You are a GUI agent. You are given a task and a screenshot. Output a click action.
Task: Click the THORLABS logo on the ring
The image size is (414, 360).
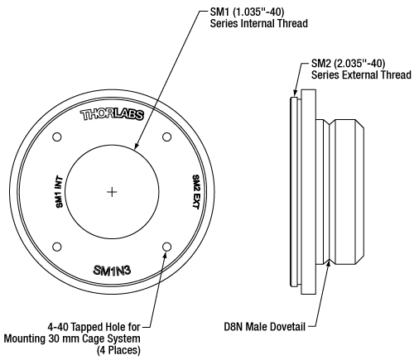click(113, 115)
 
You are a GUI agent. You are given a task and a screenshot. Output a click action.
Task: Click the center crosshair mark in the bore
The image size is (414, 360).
click(113, 192)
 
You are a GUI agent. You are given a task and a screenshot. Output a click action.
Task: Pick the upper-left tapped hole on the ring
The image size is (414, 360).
click(57, 137)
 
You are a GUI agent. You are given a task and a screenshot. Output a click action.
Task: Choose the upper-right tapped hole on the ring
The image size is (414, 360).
click(167, 137)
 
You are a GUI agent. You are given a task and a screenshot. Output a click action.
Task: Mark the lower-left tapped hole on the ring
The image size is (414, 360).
click(57, 247)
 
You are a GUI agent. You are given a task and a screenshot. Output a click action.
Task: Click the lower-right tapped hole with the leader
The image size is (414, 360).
click(167, 247)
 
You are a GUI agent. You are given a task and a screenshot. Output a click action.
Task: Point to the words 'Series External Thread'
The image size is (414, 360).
click(362, 74)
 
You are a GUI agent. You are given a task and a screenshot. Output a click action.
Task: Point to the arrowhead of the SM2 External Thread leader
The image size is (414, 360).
click(292, 96)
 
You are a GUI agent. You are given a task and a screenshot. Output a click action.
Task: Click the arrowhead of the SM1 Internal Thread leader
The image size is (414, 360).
click(137, 148)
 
